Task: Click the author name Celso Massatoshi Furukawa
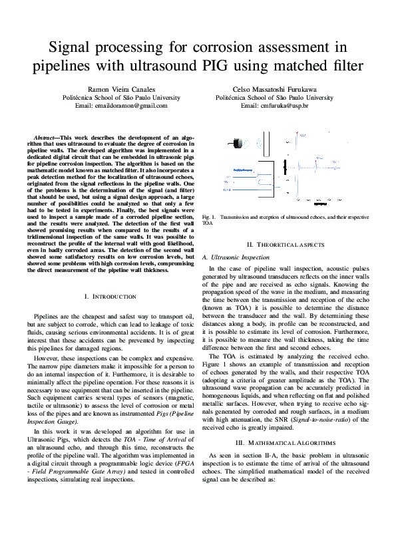tap(274, 89)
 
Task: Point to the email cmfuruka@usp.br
tap(274, 105)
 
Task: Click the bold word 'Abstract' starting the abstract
tap(47, 136)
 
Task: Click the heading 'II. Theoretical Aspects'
tap(275, 244)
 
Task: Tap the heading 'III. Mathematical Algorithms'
tap(275, 442)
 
